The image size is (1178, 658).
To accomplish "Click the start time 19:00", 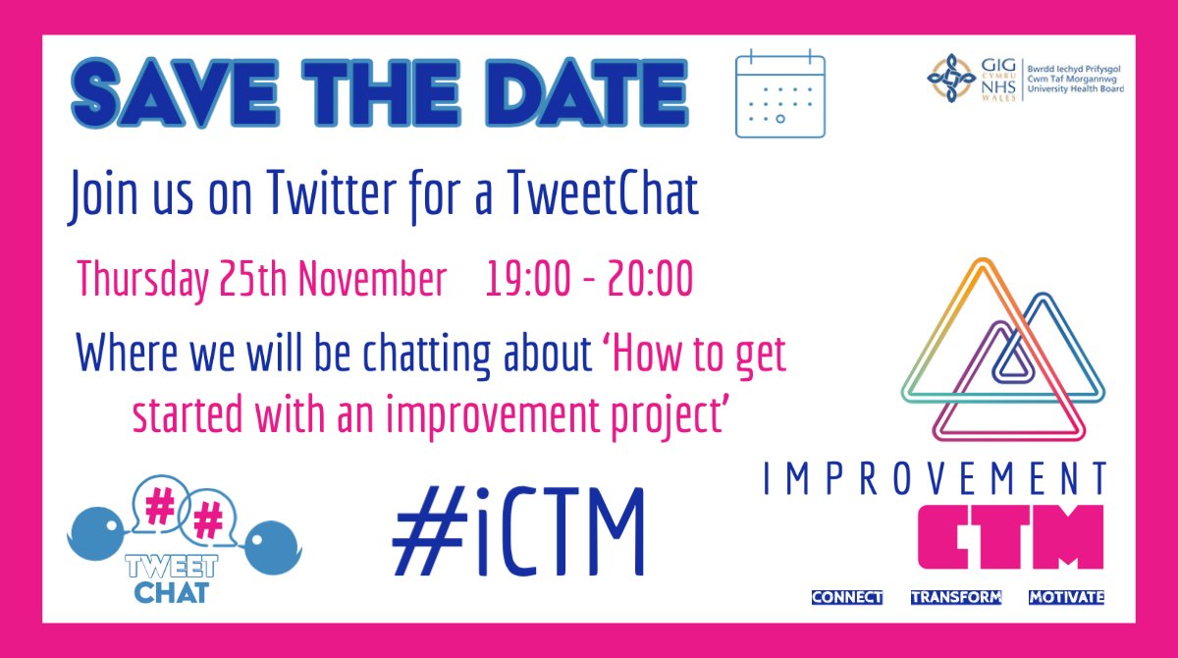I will [x=528, y=280].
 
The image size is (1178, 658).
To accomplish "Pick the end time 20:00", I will [x=644, y=280].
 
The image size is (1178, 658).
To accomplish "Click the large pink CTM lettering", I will [x=1010, y=536].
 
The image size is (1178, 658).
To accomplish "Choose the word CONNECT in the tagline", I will [x=847, y=597].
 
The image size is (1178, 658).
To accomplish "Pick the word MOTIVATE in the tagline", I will [x=1067, y=597].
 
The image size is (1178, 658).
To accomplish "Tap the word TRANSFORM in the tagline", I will [x=956, y=597].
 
